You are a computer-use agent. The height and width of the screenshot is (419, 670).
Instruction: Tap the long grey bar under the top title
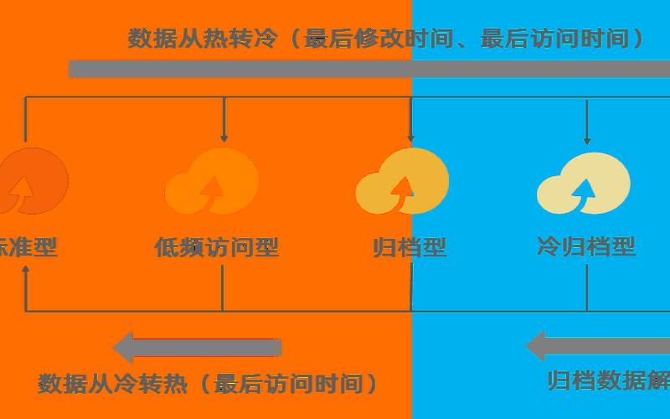(368, 69)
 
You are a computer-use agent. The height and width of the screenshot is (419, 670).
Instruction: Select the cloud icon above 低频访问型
(213, 183)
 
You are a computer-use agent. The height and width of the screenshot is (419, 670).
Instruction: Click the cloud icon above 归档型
(403, 184)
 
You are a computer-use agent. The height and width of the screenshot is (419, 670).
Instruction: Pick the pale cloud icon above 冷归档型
(584, 184)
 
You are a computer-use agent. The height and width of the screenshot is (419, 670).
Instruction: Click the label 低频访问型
(216, 247)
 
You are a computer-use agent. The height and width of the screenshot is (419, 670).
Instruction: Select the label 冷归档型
(586, 246)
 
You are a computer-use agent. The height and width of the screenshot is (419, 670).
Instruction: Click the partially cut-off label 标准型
(28, 247)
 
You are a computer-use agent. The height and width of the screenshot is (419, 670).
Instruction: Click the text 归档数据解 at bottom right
(608, 380)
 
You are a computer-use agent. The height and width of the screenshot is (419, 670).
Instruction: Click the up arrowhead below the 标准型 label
(26, 272)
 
